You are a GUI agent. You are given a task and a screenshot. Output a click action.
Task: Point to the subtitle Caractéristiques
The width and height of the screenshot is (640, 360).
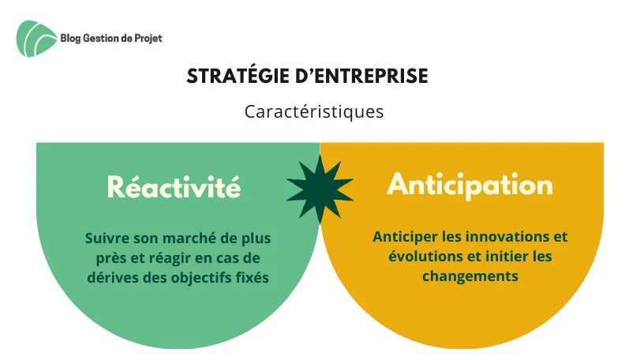[x=314, y=111]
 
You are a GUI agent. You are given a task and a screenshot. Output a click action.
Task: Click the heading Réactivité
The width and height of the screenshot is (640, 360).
[x=174, y=187]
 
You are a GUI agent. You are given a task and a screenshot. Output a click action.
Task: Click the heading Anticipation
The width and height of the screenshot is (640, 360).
[x=470, y=185]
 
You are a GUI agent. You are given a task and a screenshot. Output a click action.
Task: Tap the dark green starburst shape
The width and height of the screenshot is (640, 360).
[x=320, y=189]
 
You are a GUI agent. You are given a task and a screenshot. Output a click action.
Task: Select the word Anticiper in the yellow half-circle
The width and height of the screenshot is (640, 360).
[x=403, y=237]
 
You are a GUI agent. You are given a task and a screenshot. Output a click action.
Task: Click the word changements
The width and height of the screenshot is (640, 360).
[x=470, y=276]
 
